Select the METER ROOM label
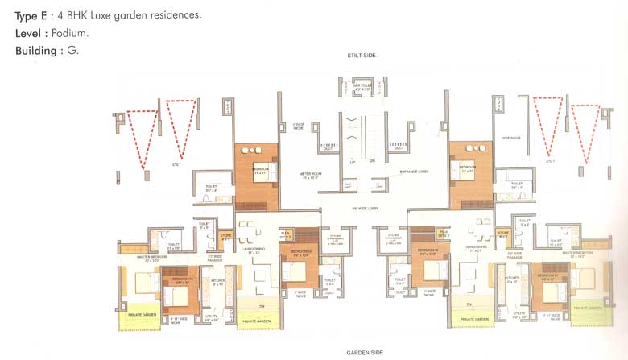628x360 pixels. [311, 172]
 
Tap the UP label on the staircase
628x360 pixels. [351, 161]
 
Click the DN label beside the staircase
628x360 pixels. [372, 161]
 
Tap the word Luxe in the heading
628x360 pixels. [103, 14]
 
